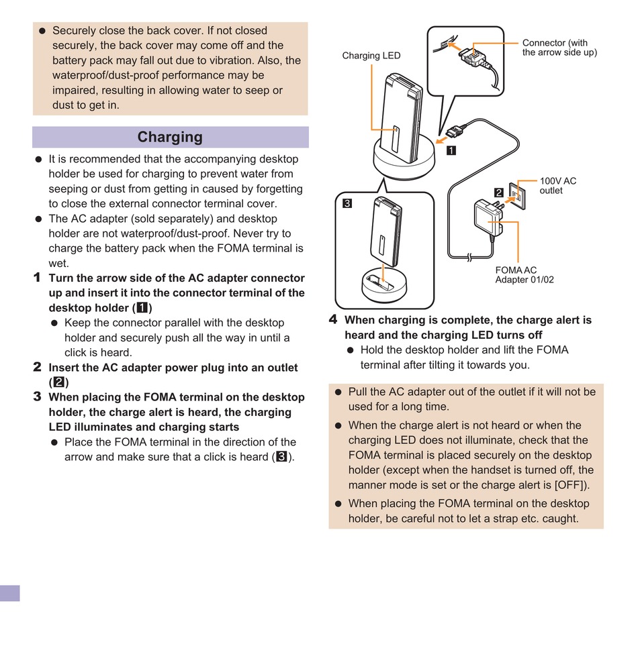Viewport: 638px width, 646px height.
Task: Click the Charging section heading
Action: pos(170,138)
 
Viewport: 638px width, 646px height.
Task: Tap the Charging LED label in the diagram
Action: pos(371,56)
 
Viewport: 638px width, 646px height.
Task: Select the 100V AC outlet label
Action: pos(557,186)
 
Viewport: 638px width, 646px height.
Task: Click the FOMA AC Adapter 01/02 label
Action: pos(524,275)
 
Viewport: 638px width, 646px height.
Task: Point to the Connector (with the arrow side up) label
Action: pos(559,48)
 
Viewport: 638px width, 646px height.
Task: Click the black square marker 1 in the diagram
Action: pos(452,151)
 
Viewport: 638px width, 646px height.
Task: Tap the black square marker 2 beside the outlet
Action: pos(499,193)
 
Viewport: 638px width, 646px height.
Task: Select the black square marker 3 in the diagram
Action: pos(347,203)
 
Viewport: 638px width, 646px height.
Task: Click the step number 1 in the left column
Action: pos(38,278)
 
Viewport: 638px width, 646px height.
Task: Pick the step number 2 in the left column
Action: pos(38,367)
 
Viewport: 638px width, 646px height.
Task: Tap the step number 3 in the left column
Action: pos(38,396)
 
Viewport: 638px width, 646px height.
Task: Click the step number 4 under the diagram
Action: pos(333,320)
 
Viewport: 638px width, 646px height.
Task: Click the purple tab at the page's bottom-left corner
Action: pos(10,593)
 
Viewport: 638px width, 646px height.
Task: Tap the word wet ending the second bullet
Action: pos(58,264)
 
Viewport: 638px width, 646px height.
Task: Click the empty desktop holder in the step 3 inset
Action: pos(383,285)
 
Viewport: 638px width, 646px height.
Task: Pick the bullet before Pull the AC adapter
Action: pos(338,392)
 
